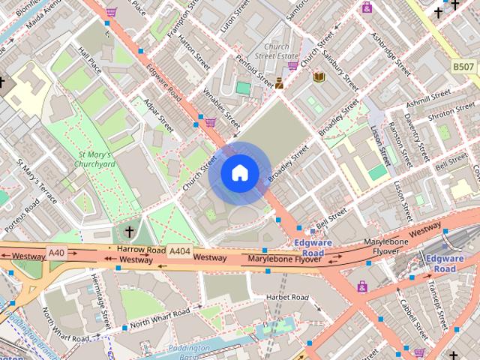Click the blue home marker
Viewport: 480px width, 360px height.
point(239,172)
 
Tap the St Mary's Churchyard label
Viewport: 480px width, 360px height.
point(95,160)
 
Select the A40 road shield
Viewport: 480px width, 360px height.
point(57,253)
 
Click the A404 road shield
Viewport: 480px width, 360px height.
point(179,251)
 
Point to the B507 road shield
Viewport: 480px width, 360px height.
point(463,67)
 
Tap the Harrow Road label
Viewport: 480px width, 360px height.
point(140,249)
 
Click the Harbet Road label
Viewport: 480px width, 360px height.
point(287,298)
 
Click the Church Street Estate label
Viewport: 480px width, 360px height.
point(271,49)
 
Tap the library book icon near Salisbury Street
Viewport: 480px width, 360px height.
point(319,76)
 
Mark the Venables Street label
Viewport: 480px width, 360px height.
point(221,106)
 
